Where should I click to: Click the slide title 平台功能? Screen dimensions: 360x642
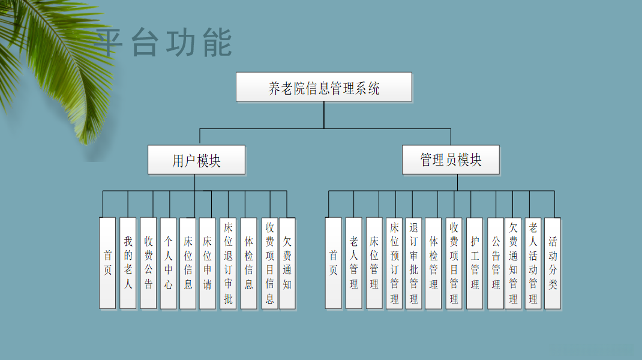point(163,43)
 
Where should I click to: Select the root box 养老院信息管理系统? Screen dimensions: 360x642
point(324,87)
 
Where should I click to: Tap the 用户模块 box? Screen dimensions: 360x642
point(197,160)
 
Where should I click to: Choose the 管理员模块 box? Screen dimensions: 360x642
point(451,160)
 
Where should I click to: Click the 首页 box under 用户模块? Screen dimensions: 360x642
point(107,263)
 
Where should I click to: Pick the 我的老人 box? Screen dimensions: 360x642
point(128,263)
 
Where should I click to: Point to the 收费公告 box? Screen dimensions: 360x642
point(148,263)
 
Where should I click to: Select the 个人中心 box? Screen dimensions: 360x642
point(169,263)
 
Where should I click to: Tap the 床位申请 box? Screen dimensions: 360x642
point(208,263)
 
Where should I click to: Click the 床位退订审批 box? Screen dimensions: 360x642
point(228,263)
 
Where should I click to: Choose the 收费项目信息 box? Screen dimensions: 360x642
point(270,263)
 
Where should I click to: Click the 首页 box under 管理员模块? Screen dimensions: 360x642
point(334,263)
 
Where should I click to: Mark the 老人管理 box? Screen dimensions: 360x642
point(354,263)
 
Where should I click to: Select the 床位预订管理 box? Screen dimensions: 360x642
point(394,263)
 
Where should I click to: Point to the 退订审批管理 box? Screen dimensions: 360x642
point(413,263)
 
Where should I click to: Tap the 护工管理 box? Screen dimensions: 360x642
point(475,263)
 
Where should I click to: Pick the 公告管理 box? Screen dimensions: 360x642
point(496,263)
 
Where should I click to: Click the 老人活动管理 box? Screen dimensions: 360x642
point(533,263)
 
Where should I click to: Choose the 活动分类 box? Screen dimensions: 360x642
point(553,263)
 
